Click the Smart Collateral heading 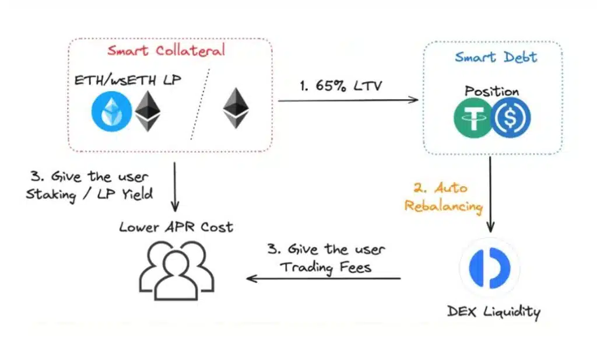pos(166,51)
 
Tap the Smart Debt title pos(496,57)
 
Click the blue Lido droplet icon pos(111,111)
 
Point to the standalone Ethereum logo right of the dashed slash pos(236,109)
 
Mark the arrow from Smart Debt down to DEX pos(490,193)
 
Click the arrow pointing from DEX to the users pos(324,278)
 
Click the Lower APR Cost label pos(176,227)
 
